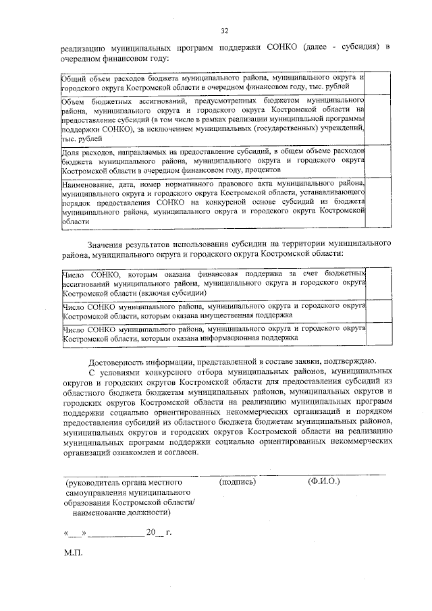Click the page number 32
point(225,30)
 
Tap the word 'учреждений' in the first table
point(341,129)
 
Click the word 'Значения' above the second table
point(106,242)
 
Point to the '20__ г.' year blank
point(159,532)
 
